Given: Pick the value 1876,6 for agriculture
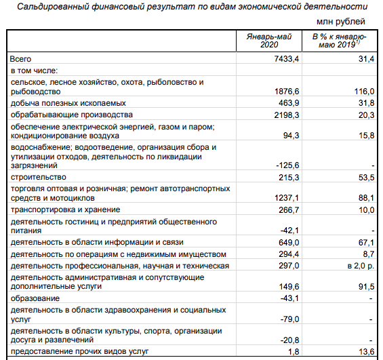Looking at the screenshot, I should [285, 92].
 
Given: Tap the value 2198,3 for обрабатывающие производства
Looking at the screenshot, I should [285, 115].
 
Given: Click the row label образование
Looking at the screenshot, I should [34, 298].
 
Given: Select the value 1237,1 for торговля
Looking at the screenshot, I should [285, 198].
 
